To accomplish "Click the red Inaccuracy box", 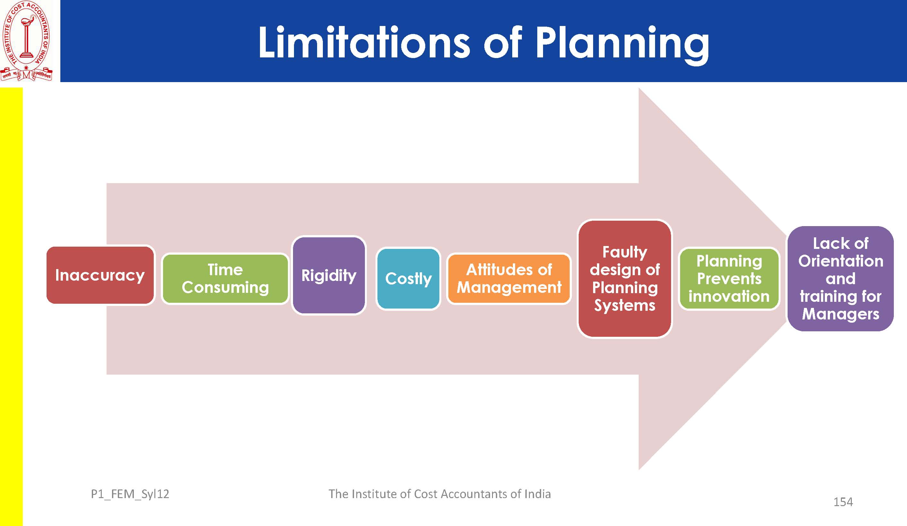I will coord(100,275).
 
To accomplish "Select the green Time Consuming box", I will coord(225,279).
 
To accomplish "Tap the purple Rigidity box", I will coord(329,275).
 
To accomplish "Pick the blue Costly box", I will coord(408,278).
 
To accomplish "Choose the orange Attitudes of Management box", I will coord(509,279).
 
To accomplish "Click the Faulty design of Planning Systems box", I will coord(625,279).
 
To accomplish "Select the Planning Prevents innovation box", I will coord(729,279).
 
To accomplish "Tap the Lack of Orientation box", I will coord(841,279).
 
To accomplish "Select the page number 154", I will coord(843,502).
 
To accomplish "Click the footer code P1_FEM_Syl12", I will coord(130,494).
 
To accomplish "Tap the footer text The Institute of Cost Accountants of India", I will coord(439,494).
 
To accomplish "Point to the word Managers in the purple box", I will coord(841,314).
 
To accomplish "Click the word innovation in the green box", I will coord(729,296).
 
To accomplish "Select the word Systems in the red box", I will coord(625,305).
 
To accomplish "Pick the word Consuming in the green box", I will coord(225,287).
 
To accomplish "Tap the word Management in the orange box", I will coord(509,287).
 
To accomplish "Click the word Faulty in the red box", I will coord(625,252).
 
